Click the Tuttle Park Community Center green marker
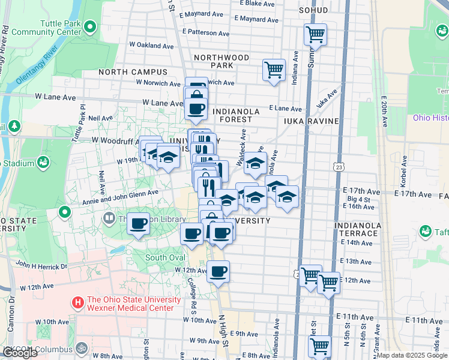tap(90, 26)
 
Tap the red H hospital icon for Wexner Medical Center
tap(77, 304)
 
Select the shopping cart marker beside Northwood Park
tap(274, 70)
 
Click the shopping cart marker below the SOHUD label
tap(315, 35)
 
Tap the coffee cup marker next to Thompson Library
tap(139, 224)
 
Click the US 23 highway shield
tap(339, 166)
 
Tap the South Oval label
tap(164, 257)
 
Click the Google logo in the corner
tap(20, 353)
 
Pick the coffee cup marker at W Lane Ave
tap(196, 109)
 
